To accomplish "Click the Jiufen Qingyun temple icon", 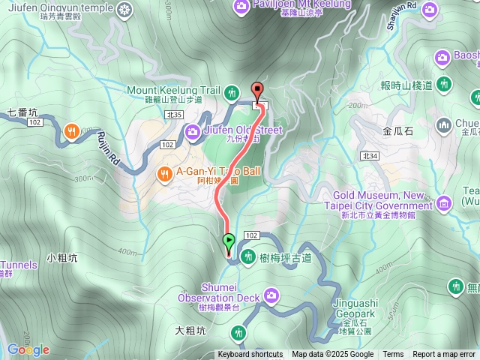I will point(124,9).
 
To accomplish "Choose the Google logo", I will point(28,349).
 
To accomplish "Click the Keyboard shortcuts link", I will point(250,355).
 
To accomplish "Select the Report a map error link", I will point(444,355).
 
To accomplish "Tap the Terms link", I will point(393,355).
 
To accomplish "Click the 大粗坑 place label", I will point(190,330).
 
